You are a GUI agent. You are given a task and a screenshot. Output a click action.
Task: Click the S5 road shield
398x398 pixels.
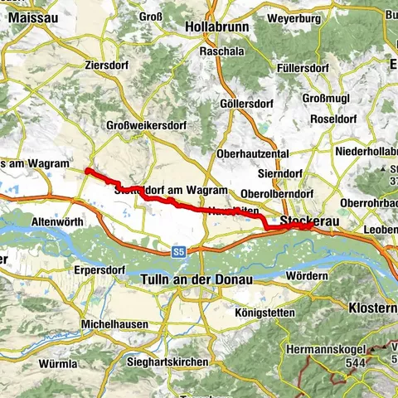tap(179, 250)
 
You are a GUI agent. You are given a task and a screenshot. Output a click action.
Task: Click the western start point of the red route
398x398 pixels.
tap(87, 171)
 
